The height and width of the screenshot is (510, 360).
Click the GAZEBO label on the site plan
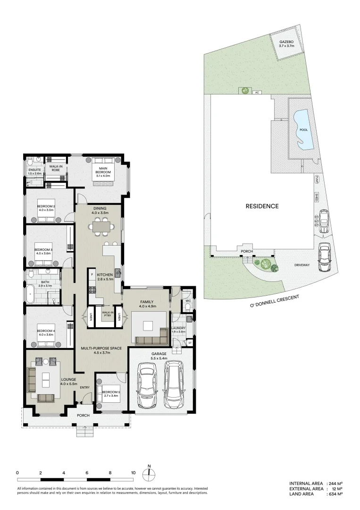pos(286,42)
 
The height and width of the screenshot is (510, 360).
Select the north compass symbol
pos(149,474)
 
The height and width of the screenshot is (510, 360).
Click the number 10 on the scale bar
pos(133,472)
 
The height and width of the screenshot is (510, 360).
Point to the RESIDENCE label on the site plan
pos(262,206)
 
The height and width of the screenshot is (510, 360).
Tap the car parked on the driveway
pos(325,258)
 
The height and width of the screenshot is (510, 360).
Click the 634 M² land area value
pos(335,494)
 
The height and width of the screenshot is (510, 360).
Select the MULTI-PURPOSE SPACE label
pos(102,348)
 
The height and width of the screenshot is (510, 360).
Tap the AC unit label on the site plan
pos(257,93)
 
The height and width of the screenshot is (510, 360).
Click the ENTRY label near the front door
pos(85,388)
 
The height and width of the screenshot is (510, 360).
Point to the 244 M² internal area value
pos(335,484)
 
